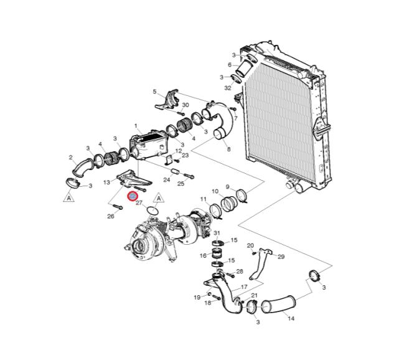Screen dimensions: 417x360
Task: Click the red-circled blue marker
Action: click(133, 196)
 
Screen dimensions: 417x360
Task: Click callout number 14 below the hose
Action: click(291, 318)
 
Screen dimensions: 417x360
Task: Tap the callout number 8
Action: click(228, 149)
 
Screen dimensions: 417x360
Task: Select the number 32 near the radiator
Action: click(228, 88)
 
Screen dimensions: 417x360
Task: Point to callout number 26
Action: click(111, 216)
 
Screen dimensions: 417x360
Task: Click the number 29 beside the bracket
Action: click(281, 257)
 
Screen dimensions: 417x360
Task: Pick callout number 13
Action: click(106, 182)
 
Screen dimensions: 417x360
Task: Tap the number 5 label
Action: click(155, 92)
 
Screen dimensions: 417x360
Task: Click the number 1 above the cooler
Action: click(136, 126)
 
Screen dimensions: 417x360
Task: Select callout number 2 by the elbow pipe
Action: click(70, 158)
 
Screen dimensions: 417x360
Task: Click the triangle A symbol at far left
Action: click(68, 197)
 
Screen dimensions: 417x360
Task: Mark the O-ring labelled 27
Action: click(152, 211)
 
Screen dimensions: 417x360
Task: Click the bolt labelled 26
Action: click(118, 207)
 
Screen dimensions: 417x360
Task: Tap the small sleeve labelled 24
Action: click(175, 171)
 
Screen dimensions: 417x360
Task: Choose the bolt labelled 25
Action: click(189, 176)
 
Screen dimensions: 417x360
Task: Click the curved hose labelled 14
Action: click(278, 304)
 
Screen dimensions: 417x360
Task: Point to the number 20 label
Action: click(251, 245)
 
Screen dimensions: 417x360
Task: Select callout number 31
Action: click(217, 233)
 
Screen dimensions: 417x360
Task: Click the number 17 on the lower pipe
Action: click(244, 287)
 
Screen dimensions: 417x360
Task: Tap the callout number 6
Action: click(230, 65)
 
